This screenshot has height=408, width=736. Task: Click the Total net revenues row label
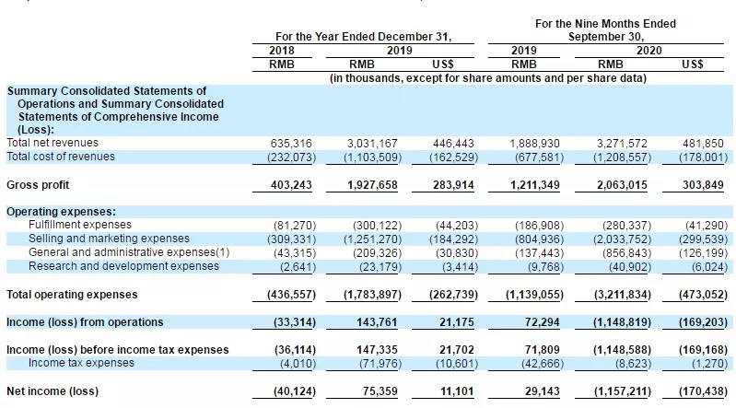pos(53,143)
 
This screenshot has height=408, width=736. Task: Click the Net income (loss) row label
pos(52,391)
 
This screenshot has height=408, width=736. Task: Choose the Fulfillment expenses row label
pos(80,225)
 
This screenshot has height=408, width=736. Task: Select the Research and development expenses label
pos(123,266)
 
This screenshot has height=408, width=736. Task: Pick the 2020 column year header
pos(649,51)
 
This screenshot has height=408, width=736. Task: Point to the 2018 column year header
pos(283,51)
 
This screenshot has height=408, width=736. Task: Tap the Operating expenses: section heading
pos(62,211)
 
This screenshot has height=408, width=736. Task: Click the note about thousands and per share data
pos(488,78)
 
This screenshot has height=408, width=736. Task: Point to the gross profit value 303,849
pos(695,184)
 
